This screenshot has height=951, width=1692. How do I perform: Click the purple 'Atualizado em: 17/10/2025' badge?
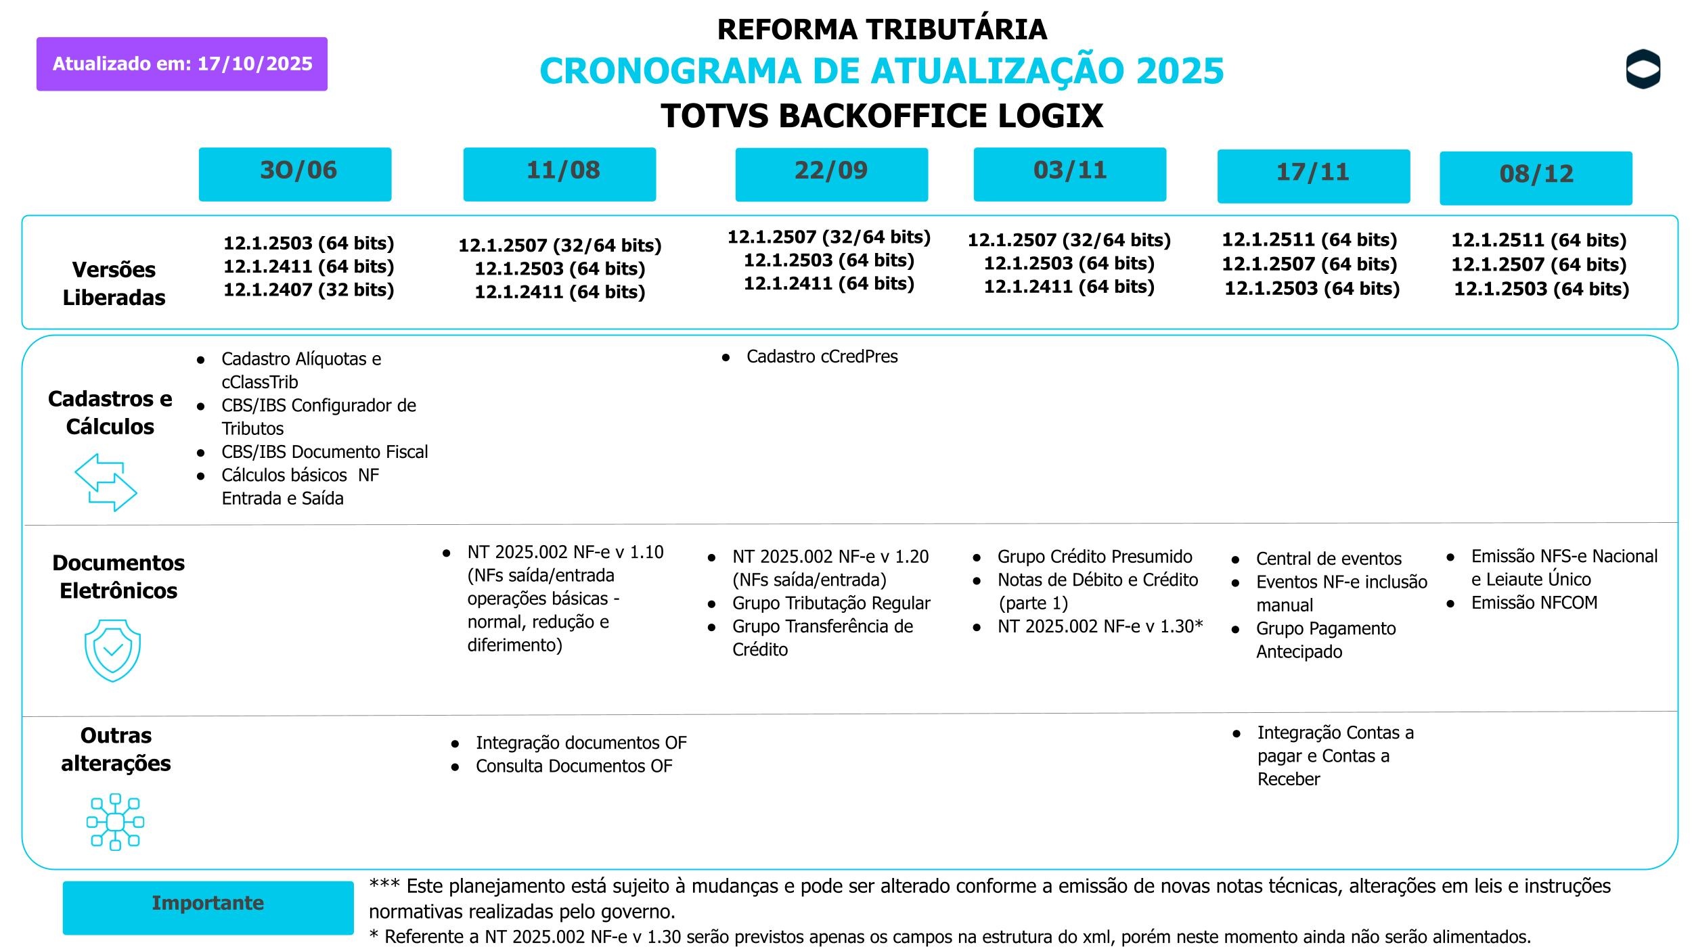point(181,64)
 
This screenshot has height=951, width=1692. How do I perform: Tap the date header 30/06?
point(295,174)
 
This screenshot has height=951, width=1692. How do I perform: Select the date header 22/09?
point(831,174)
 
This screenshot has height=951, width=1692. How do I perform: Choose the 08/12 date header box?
point(1536,178)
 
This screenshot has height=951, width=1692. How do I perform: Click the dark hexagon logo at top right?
point(1643,69)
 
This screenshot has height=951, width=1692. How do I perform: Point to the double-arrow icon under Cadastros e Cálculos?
point(106,482)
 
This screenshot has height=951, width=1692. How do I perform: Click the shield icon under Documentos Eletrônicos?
point(112,650)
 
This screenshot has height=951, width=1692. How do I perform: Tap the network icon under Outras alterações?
point(115,822)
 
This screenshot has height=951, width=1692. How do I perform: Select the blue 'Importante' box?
point(208,907)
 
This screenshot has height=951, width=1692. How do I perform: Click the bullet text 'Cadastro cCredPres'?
point(822,356)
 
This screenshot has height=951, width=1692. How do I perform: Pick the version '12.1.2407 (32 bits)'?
point(309,289)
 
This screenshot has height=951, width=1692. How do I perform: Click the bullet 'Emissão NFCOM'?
point(1534,603)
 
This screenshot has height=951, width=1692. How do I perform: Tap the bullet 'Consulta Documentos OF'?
point(573,766)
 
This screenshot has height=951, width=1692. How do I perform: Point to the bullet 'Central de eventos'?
point(1328,559)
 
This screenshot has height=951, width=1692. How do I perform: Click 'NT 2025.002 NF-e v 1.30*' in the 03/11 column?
point(1100,626)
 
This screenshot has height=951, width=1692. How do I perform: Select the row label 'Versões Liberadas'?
point(114,283)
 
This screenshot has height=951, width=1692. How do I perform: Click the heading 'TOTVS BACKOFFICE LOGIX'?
point(881,116)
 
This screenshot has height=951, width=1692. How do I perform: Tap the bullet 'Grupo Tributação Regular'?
point(830,603)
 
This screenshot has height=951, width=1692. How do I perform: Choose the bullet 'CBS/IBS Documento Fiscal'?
point(324,452)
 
